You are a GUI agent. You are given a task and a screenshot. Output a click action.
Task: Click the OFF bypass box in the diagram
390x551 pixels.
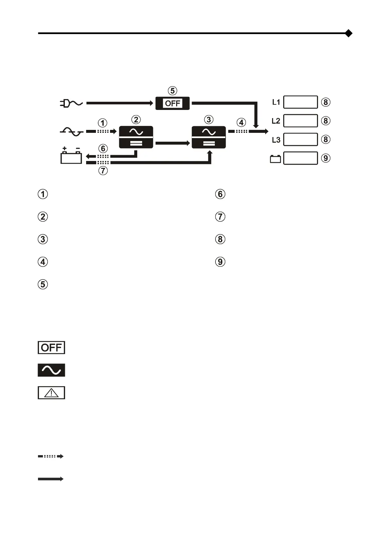tap(173, 103)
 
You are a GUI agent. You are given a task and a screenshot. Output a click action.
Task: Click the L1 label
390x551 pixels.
tap(276, 102)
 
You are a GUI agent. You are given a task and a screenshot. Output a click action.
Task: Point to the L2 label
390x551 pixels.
tap(276, 121)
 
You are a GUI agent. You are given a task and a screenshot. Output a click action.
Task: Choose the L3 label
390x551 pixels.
tap(276, 140)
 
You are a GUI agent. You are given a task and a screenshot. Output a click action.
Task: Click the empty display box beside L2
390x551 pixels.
tap(300, 121)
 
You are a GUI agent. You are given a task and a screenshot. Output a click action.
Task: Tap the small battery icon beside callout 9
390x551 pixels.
tap(275, 159)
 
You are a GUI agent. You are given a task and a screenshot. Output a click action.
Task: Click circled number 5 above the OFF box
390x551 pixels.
tap(172, 91)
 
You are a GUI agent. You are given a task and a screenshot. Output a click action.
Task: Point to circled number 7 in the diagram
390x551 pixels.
tap(103, 170)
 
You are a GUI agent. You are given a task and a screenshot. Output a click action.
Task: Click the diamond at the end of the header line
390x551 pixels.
tap(349, 33)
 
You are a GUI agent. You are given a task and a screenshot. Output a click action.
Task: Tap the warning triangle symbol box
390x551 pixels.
tap(51, 393)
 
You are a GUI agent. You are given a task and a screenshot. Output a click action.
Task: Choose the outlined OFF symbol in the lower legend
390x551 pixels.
tap(51, 347)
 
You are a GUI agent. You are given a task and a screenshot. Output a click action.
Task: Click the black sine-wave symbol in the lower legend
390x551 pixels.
tap(51, 370)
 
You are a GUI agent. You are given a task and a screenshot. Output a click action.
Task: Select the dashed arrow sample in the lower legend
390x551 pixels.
tap(51, 456)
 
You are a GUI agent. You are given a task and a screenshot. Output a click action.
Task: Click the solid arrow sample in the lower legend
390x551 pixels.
tap(51, 479)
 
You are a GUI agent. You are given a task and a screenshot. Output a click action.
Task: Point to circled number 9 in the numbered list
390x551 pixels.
tap(220, 262)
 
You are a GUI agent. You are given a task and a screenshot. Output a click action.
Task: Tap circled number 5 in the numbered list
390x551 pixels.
tap(43, 284)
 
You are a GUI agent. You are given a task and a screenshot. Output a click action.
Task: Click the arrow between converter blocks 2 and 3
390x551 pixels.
tap(173, 143)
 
